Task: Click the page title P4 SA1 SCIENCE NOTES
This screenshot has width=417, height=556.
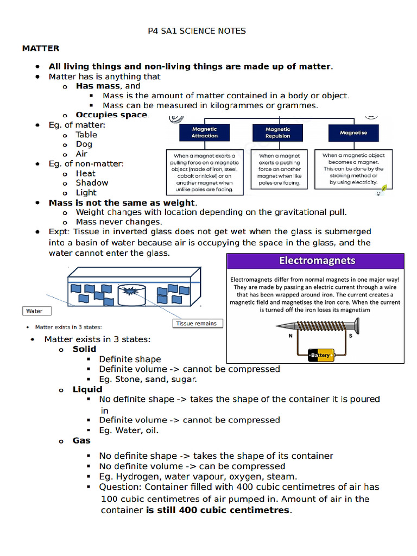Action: coord(197,31)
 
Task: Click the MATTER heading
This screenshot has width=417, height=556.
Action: coord(41,49)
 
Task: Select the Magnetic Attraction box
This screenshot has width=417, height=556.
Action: coord(204,132)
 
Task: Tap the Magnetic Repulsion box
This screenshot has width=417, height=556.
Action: coord(277,132)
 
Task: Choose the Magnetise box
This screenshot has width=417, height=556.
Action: coord(353,132)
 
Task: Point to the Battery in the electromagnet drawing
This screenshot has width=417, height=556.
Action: coord(320,355)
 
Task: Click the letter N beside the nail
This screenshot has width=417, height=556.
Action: coord(283,336)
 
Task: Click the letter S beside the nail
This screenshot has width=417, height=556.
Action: coord(350,336)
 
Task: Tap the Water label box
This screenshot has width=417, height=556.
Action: coord(36,311)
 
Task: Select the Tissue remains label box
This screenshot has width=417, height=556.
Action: coord(197,323)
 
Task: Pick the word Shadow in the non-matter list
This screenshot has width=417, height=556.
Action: coord(92,183)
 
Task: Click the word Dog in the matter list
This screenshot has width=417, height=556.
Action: coord(84,144)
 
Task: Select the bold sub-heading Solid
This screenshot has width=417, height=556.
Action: coord(84,349)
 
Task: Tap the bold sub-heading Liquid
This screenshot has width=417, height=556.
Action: coord(87,389)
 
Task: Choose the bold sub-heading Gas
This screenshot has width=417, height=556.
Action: coord(81,440)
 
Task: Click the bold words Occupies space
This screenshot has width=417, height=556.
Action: coord(111,115)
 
